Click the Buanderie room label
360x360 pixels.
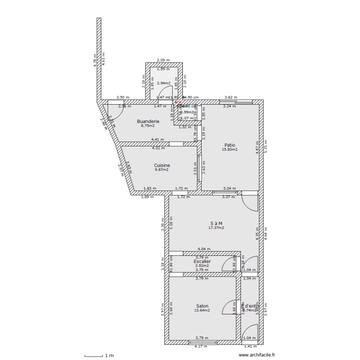pyautogui.click(x=148, y=121)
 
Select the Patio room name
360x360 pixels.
pyautogui.click(x=229, y=144)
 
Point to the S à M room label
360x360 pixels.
pyautogui.click(x=216, y=223)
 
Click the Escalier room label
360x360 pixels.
pyautogui.click(x=202, y=262)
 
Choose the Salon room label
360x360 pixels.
pyautogui.click(x=202, y=306)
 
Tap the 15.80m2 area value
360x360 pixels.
pyautogui.click(x=229, y=149)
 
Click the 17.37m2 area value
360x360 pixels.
pyautogui.click(x=216, y=228)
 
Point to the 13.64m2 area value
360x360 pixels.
pyautogui.click(x=202, y=311)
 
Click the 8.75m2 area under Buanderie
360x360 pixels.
pyautogui.click(x=148, y=126)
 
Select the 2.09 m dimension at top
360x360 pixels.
pyautogui.click(x=164, y=60)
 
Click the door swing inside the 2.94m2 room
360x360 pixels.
pyautogui.click(x=166, y=91)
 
